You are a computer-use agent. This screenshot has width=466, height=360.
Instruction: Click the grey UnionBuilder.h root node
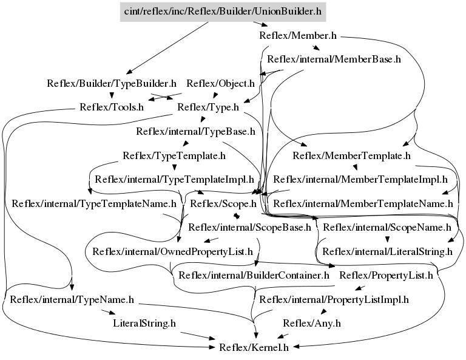coord(223,12)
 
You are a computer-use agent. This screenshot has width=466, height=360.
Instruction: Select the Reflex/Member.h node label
coord(298,36)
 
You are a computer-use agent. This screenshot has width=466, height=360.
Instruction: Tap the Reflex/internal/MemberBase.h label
coord(334,59)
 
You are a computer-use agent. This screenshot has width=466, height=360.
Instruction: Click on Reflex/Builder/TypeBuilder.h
coord(112,84)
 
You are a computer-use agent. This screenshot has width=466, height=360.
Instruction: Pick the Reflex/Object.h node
coord(220,84)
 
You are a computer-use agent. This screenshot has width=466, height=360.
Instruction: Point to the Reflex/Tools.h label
coord(112,107)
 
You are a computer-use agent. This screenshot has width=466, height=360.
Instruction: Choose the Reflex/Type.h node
coord(208,107)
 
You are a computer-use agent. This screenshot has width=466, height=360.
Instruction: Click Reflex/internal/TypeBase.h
coord(195,131)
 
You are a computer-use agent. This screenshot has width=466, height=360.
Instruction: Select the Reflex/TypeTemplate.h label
coord(174,156)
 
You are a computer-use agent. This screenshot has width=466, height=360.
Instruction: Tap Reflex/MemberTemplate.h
coord(351,156)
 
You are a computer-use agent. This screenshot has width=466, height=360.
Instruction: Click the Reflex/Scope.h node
coord(223,204)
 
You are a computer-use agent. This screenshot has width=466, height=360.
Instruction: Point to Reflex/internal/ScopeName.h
coord(387,228)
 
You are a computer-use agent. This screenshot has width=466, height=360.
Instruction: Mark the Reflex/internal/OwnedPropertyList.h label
coord(172,252)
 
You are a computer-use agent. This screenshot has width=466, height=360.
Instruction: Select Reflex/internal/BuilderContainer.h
coord(254,276)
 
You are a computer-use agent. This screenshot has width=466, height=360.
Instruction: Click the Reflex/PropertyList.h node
coord(386,276)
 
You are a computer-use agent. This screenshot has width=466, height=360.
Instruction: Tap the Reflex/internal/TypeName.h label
coord(72,300)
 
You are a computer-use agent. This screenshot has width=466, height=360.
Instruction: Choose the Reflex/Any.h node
coord(312,324)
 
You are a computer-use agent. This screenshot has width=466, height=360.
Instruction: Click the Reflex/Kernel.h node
coord(254,347)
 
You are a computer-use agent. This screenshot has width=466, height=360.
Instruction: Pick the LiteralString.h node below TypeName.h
coord(144,324)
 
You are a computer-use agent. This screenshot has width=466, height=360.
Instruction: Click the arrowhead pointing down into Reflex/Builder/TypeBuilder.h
coord(129,72)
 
